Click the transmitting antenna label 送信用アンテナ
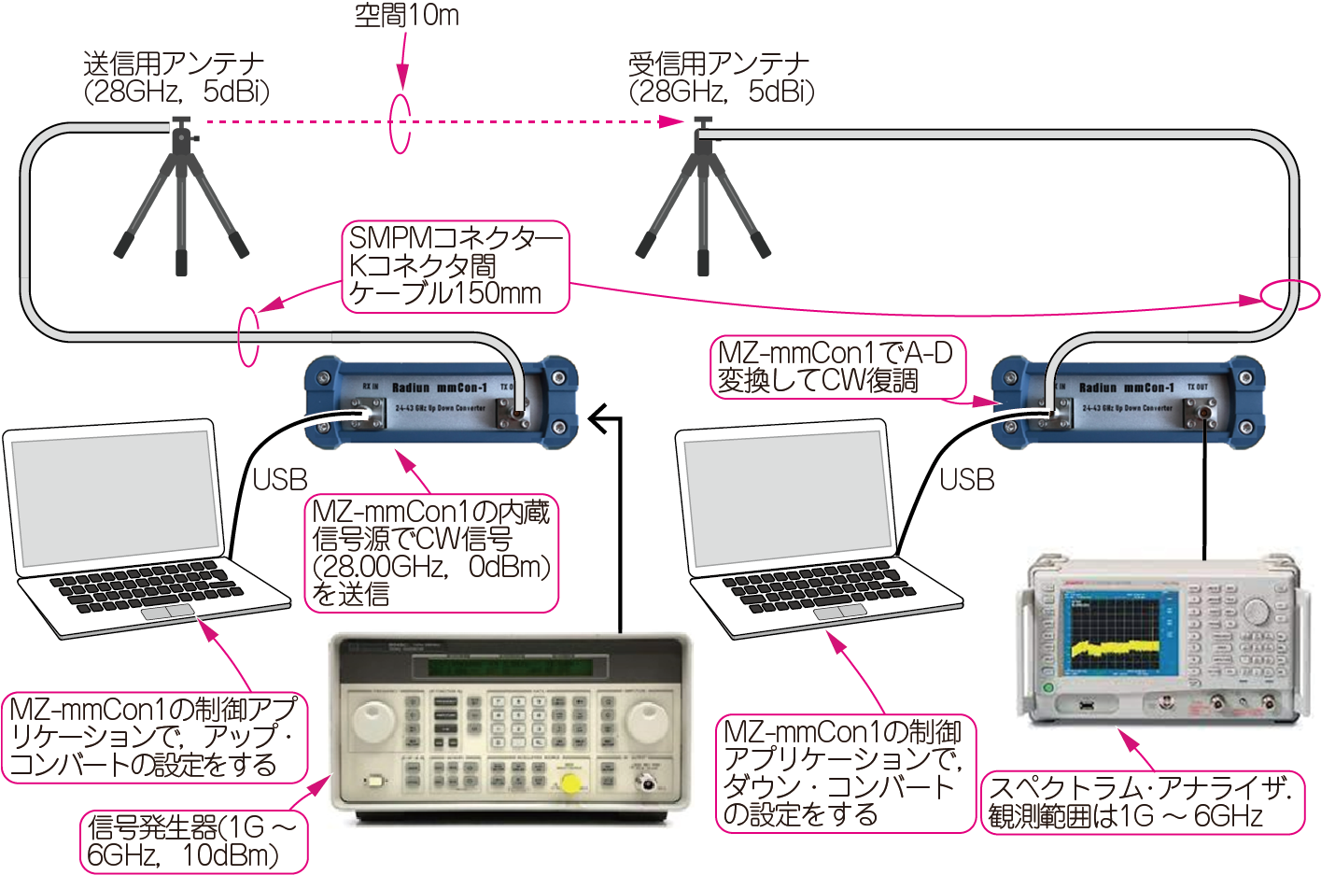174,64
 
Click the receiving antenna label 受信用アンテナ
719,64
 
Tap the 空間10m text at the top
406,15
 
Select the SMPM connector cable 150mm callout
455,266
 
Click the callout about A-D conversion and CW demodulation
836,367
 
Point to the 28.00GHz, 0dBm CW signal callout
431,553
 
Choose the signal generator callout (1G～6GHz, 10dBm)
193,840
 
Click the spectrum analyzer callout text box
1141,802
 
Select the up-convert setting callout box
154,737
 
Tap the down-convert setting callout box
844,773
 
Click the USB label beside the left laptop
279,480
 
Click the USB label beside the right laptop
966,480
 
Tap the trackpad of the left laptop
169,613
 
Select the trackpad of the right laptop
840,612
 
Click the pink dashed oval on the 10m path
400,121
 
